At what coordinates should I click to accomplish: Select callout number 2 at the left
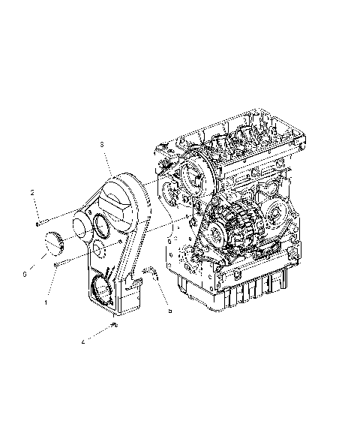pos(32,193)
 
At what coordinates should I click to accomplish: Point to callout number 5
pos(169,310)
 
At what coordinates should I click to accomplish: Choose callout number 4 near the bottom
pos(82,342)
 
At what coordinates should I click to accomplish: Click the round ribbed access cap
pos(52,243)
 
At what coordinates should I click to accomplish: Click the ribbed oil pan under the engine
pos(247,289)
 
